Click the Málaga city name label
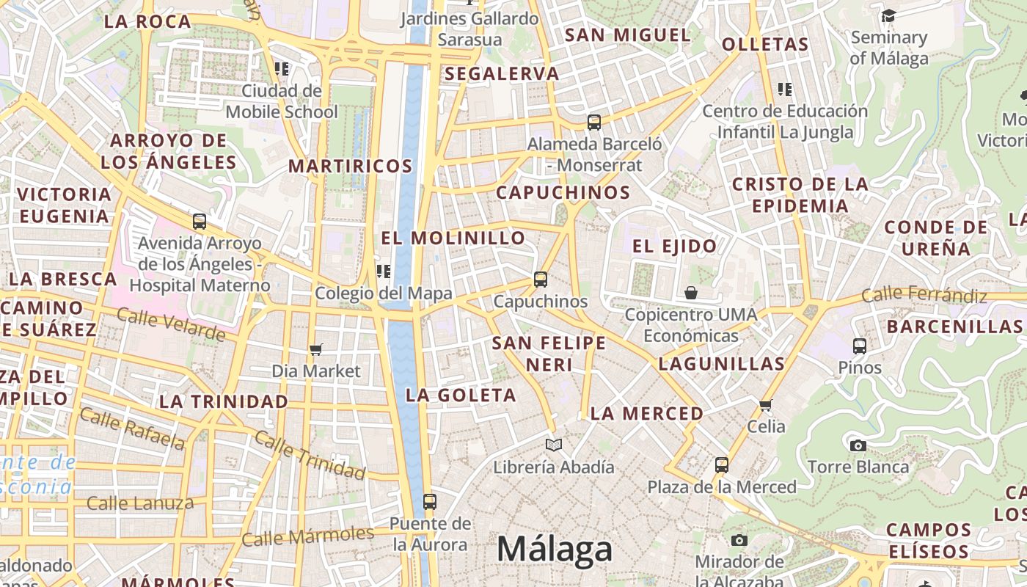(x=555, y=549)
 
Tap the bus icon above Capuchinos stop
(x=541, y=279)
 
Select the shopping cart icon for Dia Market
(x=316, y=349)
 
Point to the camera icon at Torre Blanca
(x=858, y=445)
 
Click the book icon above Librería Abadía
(x=554, y=445)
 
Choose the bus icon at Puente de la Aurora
(x=430, y=502)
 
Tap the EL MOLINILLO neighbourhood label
(x=453, y=238)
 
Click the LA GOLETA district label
(x=461, y=395)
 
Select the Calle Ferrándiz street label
(x=924, y=295)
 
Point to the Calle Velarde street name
(x=171, y=324)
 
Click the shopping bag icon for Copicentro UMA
(x=691, y=293)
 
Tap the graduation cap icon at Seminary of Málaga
(x=888, y=15)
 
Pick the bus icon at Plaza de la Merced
(x=722, y=464)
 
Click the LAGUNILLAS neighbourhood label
(x=722, y=363)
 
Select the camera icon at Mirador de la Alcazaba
(x=739, y=541)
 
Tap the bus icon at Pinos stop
(x=860, y=346)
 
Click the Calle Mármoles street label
(x=307, y=536)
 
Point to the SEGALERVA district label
(x=502, y=73)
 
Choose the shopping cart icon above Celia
(x=766, y=405)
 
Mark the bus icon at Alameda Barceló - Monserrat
(x=594, y=123)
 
